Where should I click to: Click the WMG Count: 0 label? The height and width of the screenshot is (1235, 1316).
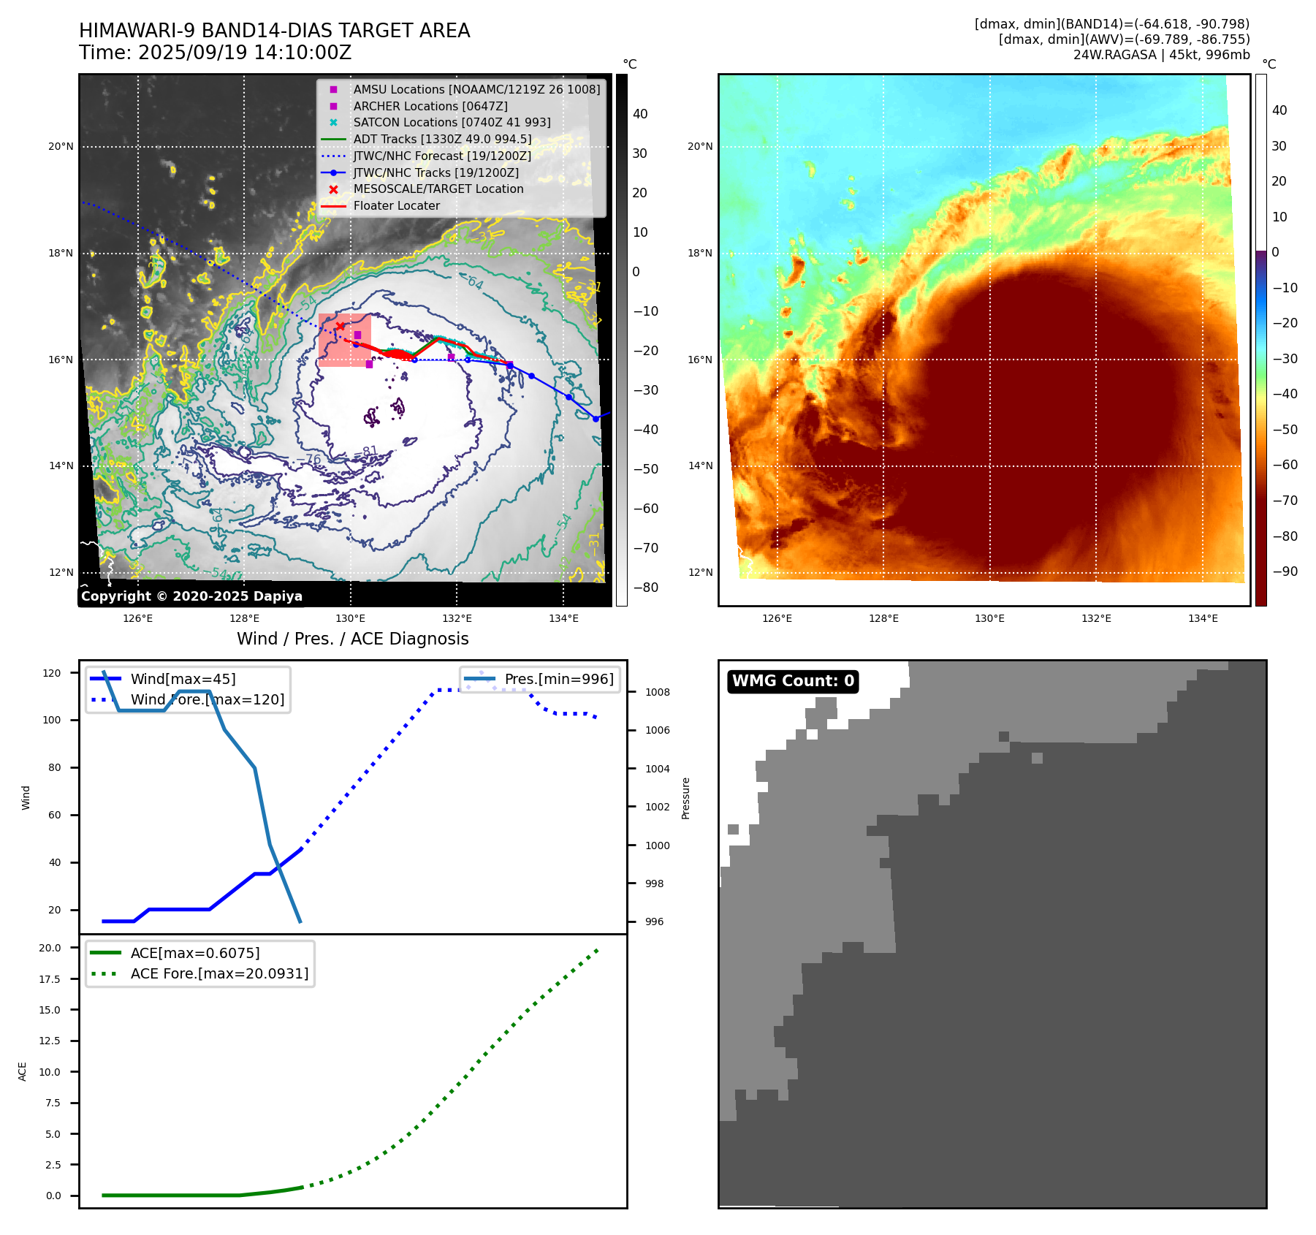(793, 681)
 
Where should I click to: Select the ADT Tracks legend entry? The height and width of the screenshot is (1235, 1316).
(442, 139)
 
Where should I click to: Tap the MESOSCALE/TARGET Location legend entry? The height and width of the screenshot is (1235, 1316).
(438, 189)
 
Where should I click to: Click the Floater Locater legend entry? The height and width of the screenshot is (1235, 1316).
(396, 205)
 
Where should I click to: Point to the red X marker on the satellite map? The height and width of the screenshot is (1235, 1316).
(340, 326)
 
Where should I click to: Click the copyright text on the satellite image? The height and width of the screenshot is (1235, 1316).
(191, 596)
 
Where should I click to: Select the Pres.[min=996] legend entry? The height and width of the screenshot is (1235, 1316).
(559, 679)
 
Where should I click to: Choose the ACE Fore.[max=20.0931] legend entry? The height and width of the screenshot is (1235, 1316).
(219, 973)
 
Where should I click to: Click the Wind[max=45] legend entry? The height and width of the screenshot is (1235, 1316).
(183, 679)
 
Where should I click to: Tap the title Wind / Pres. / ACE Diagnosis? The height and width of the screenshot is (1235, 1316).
(352, 639)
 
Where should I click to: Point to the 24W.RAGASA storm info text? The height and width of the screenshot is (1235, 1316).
(1161, 55)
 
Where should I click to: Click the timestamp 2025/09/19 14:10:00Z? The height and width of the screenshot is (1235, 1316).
(245, 53)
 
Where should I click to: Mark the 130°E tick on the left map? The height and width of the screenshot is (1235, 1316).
(351, 618)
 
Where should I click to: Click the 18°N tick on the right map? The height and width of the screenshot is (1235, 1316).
(700, 254)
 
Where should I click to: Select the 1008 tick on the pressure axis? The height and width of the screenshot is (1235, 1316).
(658, 692)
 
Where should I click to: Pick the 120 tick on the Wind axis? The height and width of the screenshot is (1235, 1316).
(52, 673)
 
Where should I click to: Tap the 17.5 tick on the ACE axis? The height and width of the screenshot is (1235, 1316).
(50, 978)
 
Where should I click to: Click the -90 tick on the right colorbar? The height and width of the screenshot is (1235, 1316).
(1285, 571)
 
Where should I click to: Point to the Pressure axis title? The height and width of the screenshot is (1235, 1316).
(685, 798)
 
